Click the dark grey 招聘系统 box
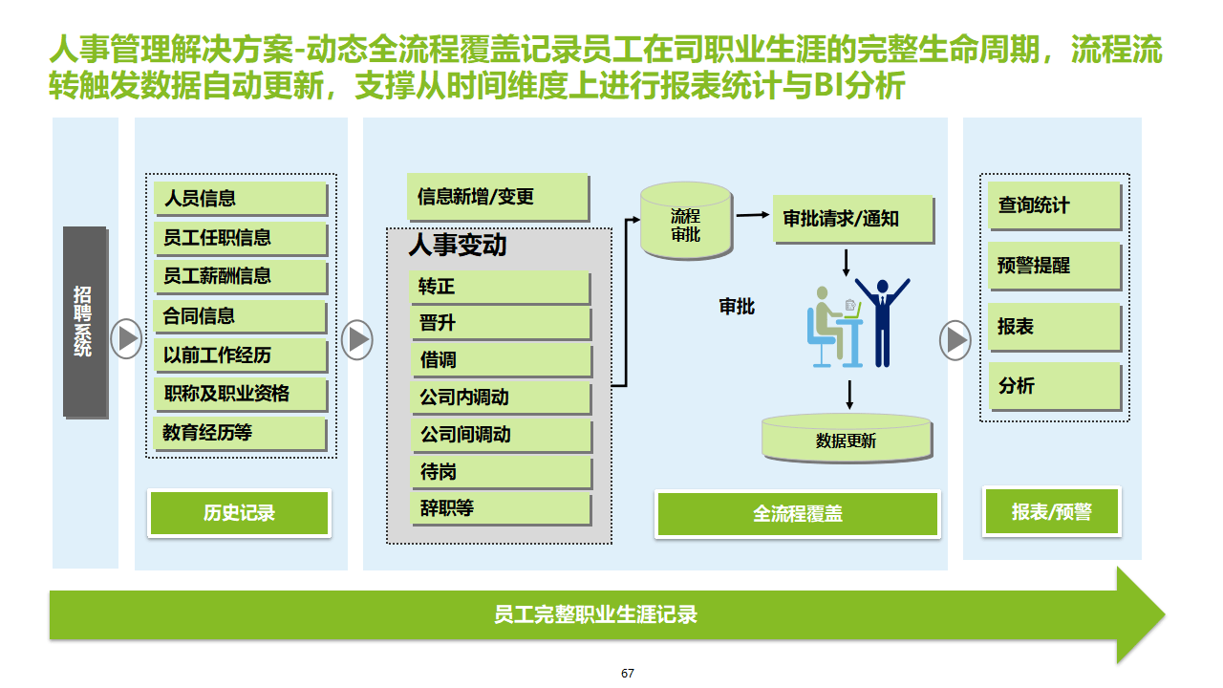click(x=84, y=321)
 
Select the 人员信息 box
click(x=240, y=199)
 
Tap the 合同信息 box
click(x=240, y=316)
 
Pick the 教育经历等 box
click(x=240, y=433)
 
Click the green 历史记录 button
click(x=239, y=513)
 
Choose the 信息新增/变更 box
click(x=497, y=197)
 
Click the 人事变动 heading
click(x=458, y=246)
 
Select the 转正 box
click(x=502, y=287)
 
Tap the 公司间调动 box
click(x=502, y=435)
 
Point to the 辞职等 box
click(x=502, y=508)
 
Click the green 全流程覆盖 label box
click(x=797, y=514)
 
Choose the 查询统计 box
click(x=1053, y=205)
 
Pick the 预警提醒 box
click(x=1053, y=266)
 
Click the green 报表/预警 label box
click(x=1051, y=512)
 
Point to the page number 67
click(x=628, y=674)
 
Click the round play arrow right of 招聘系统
click(x=126, y=338)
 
